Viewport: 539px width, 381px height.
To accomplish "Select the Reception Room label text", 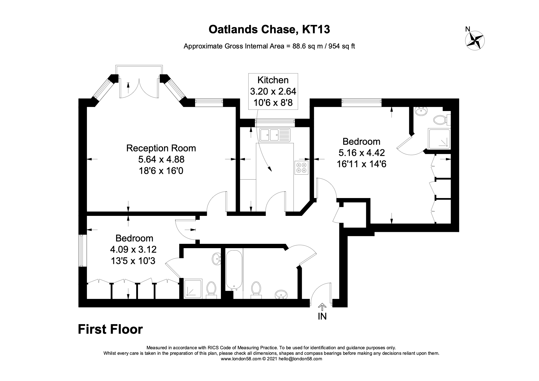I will click(161, 148).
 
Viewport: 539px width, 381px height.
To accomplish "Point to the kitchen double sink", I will click(274, 135).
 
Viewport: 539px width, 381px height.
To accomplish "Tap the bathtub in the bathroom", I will click(234, 270).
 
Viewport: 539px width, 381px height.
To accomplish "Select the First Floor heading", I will click(110, 329).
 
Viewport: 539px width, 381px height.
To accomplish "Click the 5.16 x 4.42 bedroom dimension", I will click(361, 153).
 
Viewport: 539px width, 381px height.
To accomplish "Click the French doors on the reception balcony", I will click(139, 88).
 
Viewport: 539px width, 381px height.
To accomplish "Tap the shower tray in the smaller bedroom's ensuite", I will click(193, 288).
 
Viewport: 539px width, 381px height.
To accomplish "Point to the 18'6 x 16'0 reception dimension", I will click(161, 170).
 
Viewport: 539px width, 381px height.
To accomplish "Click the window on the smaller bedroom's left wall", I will click(81, 251).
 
